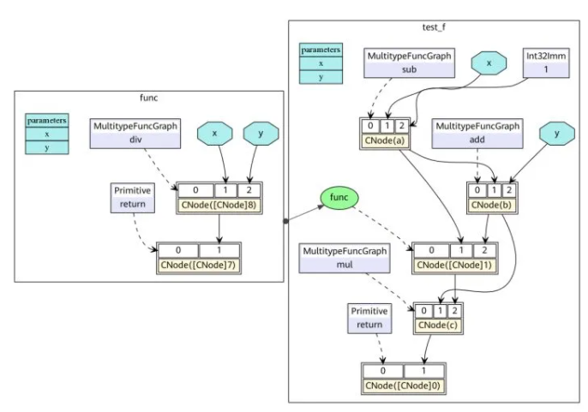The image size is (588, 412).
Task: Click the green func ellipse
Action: (339, 198)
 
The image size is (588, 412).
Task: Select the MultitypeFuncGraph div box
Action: (134, 134)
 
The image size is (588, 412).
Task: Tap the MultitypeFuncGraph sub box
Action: (408, 62)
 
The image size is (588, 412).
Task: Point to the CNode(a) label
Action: (383, 140)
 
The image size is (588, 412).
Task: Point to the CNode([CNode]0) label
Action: (403, 385)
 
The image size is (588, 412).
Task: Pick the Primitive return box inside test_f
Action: (369, 318)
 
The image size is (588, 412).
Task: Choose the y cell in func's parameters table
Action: (47, 147)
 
